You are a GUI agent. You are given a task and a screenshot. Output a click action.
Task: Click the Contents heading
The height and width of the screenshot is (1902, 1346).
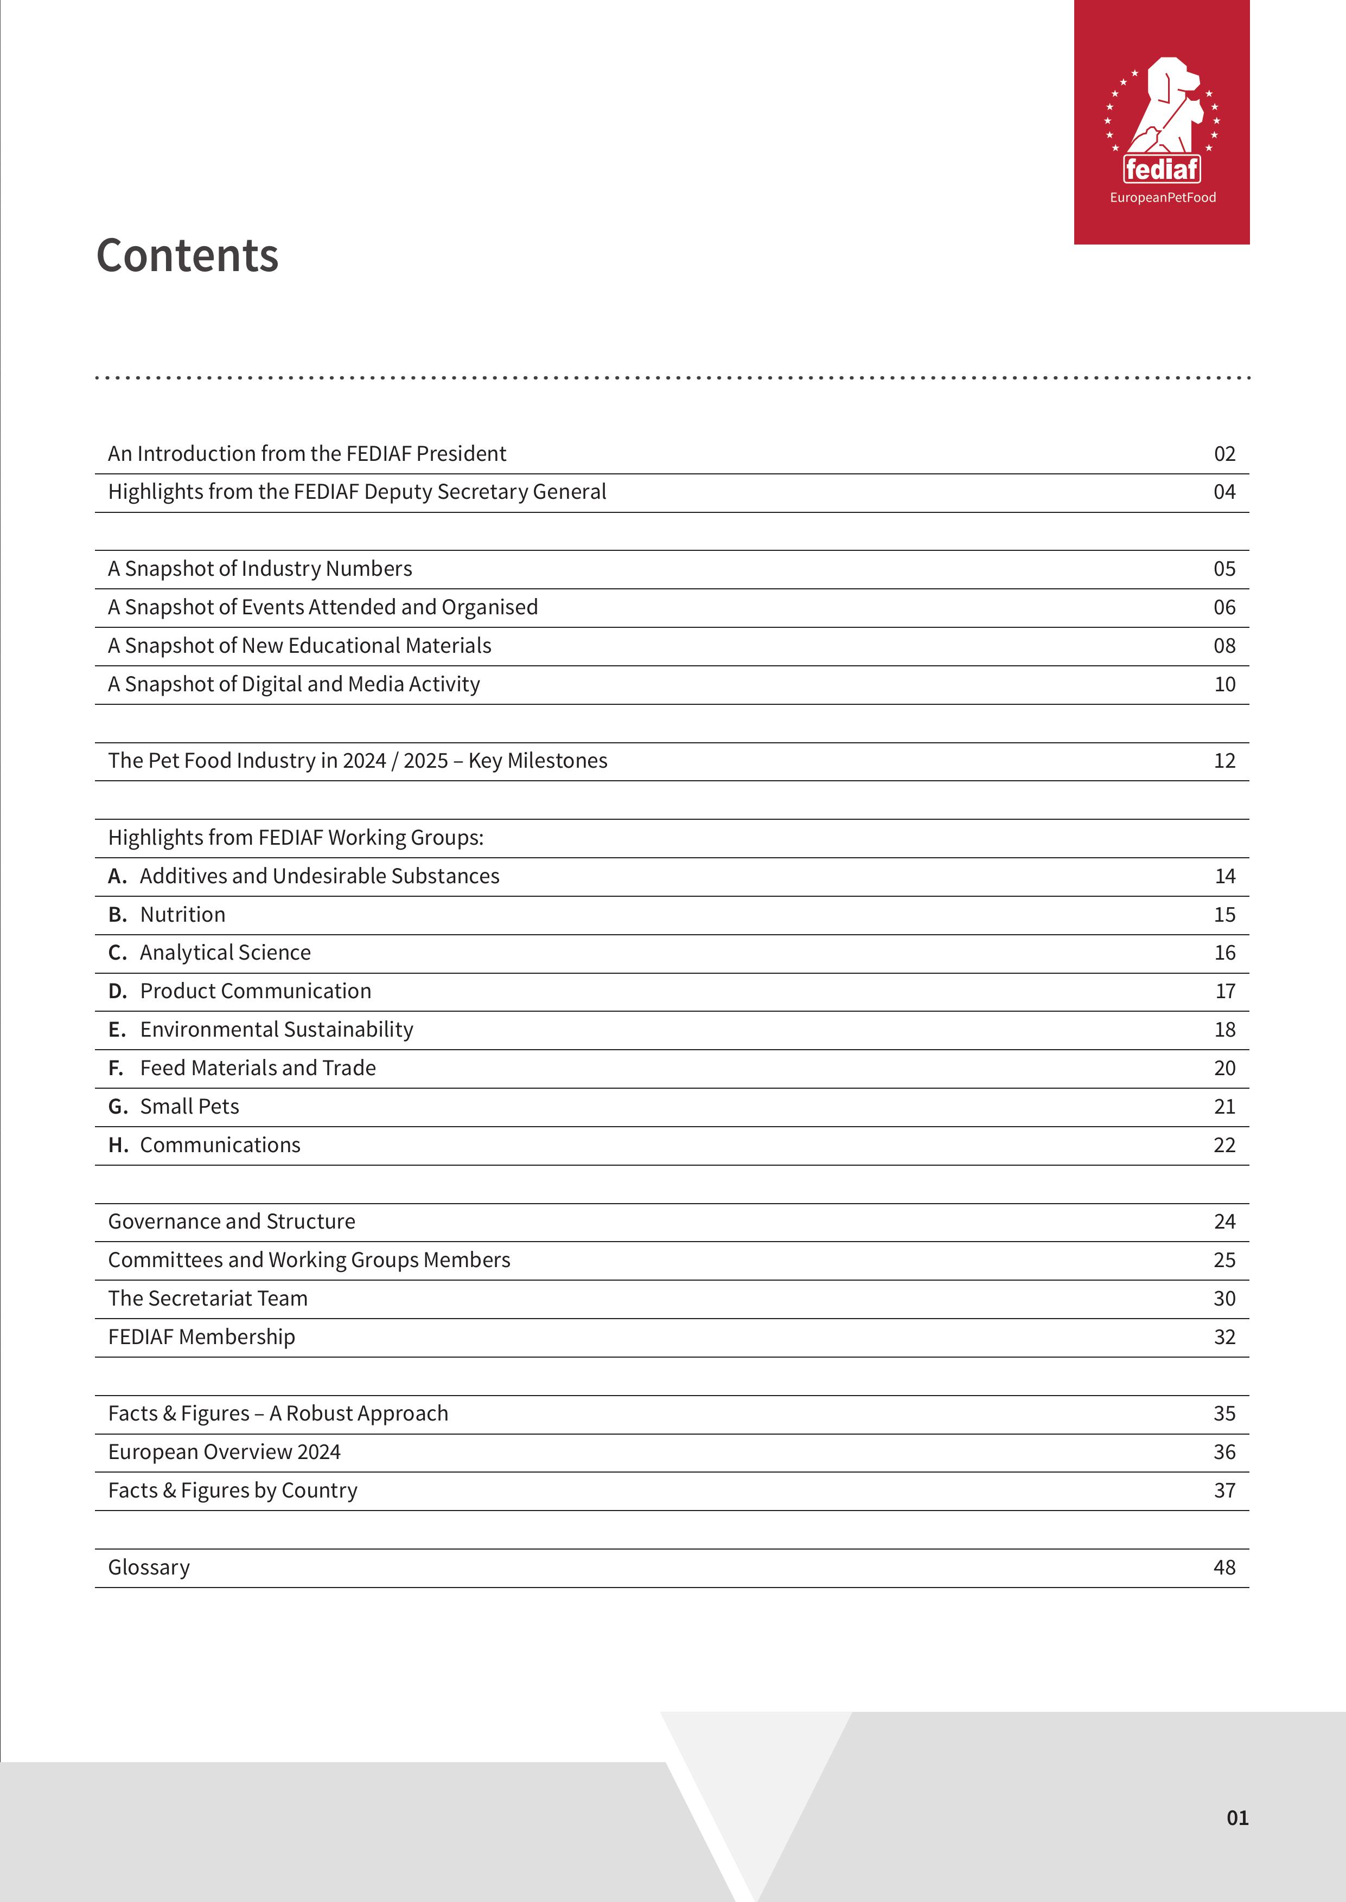pyautogui.click(x=187, y=255)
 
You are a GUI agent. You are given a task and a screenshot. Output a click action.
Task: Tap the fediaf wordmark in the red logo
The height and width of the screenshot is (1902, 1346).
pyautogui.click(x=1162, y=169)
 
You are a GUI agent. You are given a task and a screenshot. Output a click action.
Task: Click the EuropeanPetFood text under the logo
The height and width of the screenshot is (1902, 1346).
pyautogui.click(x=1162, y=197)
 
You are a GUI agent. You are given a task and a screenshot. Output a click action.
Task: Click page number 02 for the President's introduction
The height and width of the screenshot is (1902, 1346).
pyautogui.click(x=1224, y=454)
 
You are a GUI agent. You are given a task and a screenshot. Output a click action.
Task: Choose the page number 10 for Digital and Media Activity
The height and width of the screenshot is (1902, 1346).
pyautogui.click(x=1224, y=684)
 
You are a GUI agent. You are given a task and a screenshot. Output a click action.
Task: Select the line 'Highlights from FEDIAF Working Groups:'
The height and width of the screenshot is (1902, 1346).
pyautogui.click(x=296, y=838)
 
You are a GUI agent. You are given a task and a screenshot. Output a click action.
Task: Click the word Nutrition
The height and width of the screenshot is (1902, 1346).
pyautogui.click(x=182, y=915)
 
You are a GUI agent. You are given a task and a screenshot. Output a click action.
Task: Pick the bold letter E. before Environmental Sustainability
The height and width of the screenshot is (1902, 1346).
pyautogui.click(x=117, y=1030)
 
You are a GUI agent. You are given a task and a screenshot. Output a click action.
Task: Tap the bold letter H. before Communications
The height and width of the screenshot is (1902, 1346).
pyautogui.click(x=118, y=1145)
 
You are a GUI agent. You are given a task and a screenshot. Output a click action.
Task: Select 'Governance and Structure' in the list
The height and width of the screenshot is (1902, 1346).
pyautogui.click(x=231, y=1221)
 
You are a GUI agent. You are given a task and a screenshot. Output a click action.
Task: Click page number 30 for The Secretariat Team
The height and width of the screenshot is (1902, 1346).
pyautogui.click(x=1224, y=1298)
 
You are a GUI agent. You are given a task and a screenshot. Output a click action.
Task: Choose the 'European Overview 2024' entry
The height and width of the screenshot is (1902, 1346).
pyautogui.click(x=224, y=1451)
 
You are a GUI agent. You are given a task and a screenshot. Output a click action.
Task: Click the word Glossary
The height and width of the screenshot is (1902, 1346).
pyautogui.click(x=149, y=1567)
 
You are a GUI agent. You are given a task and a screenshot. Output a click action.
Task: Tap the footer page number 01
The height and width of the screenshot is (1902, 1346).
pyautogui.click(x=1236, y=1817)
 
